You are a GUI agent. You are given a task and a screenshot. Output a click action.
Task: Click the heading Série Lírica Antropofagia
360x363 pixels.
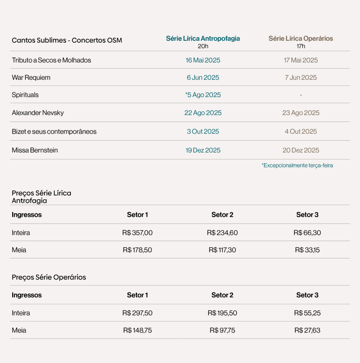202,39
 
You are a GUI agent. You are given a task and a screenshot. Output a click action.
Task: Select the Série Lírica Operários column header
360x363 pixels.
300,39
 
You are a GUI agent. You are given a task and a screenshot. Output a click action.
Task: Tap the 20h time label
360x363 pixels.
202,46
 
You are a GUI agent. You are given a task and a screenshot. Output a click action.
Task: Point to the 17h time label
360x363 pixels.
300,46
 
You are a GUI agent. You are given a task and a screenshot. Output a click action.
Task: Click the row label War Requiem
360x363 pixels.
31,77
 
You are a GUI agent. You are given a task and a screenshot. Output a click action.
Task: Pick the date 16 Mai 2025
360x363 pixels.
202,60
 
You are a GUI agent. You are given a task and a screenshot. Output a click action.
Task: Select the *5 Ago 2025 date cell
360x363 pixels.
202,95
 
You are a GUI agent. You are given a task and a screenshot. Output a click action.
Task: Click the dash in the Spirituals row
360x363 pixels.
300,95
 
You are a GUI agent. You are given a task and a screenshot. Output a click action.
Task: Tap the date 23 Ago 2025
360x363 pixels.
300,113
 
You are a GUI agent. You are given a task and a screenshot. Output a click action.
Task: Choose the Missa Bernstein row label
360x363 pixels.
35,150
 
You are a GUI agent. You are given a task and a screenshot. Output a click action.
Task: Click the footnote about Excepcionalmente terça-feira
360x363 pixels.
297,166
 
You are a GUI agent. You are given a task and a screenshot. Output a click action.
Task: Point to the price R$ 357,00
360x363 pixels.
137,233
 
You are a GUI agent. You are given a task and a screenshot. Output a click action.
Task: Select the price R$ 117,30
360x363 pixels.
222,250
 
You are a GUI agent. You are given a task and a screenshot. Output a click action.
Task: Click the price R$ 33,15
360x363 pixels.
307,250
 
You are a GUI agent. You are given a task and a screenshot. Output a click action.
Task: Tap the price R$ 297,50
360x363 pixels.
137,313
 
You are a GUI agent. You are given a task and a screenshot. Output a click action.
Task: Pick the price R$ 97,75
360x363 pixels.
222,330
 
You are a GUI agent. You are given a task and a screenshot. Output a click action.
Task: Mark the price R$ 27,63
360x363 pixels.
307,330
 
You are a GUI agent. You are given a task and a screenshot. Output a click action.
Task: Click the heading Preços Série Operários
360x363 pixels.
49,277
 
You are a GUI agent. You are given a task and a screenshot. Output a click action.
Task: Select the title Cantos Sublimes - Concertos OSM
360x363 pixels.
67,40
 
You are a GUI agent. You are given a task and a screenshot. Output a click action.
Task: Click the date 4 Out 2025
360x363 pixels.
300,131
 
